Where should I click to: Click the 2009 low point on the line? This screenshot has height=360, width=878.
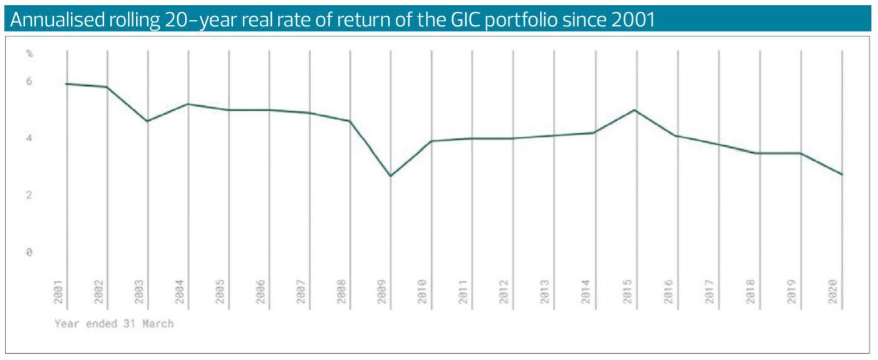[391, 176]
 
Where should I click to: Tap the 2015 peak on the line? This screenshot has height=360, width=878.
[636, 110]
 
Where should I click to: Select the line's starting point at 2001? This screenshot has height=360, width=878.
[66, 84]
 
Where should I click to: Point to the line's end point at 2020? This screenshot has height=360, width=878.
[842, 175]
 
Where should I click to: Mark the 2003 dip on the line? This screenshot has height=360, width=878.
[148, 121]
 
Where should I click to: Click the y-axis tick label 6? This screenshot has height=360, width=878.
[29, 81]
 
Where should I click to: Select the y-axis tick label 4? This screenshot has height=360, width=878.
[29, 138]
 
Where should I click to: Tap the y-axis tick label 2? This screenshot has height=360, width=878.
[29, 195]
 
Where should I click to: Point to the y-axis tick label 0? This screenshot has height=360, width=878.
[29, 252]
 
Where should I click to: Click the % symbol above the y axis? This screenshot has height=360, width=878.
[29, 54]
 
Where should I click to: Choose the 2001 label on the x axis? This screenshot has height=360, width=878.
[58, 292]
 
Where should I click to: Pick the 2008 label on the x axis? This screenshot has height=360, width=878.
[342, 292]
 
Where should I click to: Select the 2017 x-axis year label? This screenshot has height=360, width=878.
[709, 292]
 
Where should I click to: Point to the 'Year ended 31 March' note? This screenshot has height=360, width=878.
[113, 324]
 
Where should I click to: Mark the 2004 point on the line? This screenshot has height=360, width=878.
[189, 104]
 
